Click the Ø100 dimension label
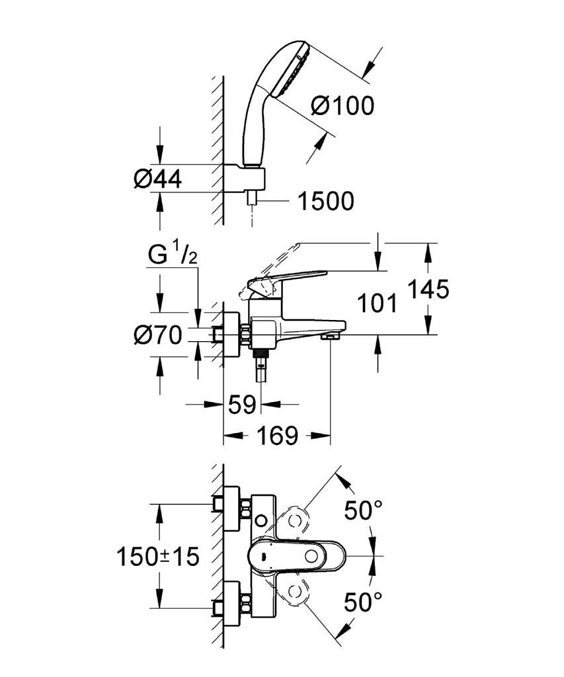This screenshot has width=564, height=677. coord(342,105)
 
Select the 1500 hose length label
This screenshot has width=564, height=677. coord(326,201)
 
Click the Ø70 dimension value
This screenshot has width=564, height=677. coord(157,335)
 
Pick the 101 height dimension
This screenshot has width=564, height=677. coord(378,303)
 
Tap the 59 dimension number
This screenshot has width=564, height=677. coord(242,405)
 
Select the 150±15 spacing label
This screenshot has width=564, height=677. coord(158,556)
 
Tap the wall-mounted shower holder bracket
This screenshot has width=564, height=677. coord(244,178)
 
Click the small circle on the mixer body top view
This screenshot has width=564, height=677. coord(261,518)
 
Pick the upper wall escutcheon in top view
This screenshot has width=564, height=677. coord(231,510)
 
